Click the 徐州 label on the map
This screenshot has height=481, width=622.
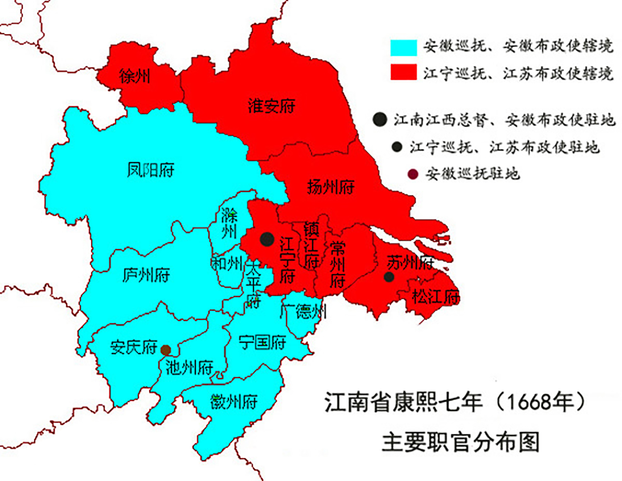click(x=134, y=76)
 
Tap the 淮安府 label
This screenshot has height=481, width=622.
click(x=272, y=106)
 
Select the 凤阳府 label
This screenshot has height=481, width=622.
click(x=151, y=170)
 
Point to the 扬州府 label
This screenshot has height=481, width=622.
click(x=330, y=187)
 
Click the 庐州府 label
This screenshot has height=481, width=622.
click(x=146, y=275)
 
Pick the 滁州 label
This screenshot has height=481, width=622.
click(x=229, y=223)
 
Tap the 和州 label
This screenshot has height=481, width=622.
click(x=227, y=263)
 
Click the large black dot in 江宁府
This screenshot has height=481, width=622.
click(x=267, y=239)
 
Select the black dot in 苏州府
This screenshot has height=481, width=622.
click(x=389, y=277)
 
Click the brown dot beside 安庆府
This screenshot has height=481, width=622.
click(x=165, y=350)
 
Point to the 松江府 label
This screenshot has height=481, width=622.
click(x=435, y=297)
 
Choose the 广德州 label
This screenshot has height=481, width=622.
click(x=304, y=311)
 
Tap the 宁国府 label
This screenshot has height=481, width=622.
click(x=262, y=343)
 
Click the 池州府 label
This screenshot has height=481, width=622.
click(x=189, y=367)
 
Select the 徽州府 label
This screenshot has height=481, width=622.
click(x=234, y=402)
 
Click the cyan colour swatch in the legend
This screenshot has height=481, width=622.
click(x=403, y=47)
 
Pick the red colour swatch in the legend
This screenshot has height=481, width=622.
click(x=403, y=72)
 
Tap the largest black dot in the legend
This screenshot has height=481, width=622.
click(x=379, y=120)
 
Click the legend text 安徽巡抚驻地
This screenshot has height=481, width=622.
click(x=472, y=174)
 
